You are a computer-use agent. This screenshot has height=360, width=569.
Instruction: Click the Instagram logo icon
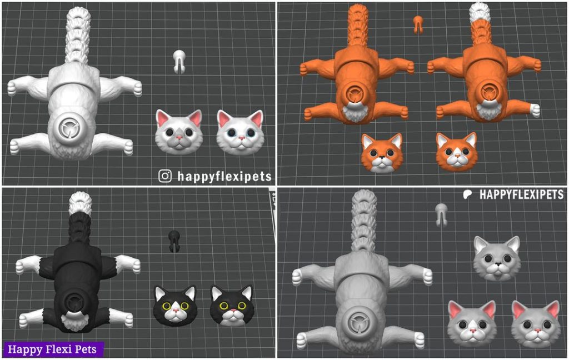tap(165, 176)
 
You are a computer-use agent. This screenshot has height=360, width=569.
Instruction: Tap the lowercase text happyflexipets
tap(224, 176)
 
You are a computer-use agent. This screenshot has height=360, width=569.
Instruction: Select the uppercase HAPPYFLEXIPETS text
tap(521, 195)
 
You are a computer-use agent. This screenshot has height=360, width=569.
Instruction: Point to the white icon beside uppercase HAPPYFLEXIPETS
tap(468, 194)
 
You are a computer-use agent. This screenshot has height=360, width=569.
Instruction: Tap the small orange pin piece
tap(418, 23)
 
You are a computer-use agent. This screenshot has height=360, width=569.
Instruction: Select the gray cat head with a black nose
tap(496, 257)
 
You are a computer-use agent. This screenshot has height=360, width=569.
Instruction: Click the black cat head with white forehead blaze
tap(232, 305)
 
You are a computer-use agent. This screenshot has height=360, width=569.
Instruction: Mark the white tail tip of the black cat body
tap(80, 203)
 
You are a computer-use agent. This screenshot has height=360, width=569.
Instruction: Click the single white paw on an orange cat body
tap(535, 111)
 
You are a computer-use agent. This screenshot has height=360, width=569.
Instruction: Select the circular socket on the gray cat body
tap(356, 322)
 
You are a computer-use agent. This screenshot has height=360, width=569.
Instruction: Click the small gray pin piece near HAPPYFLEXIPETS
tap(441, 214)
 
